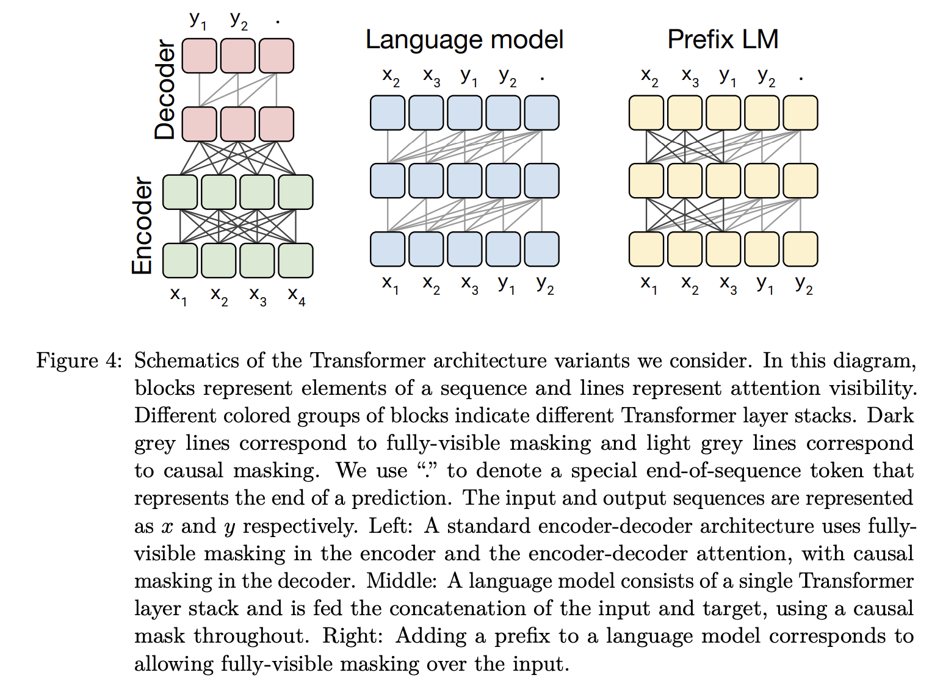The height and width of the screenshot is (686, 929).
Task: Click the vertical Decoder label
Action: pyautogui.click(x=165, y=90)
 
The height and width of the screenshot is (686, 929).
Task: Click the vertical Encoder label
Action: pyautogui.click(x=142, y=226)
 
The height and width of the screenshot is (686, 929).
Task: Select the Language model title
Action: pyautogui.click(x=464, y=40)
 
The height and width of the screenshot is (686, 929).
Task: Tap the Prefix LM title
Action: pyautogui.click(x=723, y=40)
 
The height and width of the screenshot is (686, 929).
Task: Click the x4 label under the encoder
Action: pyautogui.click(x=297, y=296)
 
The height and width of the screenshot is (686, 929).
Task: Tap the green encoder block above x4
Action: pyautogui.click(x=296, y=260)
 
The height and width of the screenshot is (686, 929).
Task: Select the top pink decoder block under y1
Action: pyautogui.click(x=199, y=56)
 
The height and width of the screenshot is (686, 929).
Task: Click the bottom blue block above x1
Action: pyautogui.click(x=388, y=249)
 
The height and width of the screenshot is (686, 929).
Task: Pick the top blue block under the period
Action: pyautogui.click(x=541, y=113)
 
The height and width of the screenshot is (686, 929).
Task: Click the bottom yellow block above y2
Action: pyautogui.click(x=800, y=249)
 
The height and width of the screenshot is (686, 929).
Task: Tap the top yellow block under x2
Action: pyautogui.click(x=646, y=113)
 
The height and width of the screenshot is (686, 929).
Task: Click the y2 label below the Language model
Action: pyautogui.click(x=545, y=284)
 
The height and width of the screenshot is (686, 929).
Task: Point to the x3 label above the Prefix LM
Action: pyautogui.click(x=690, y=77)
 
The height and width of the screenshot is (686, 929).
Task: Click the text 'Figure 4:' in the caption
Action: pyautogui.click(x=79, y=361)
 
